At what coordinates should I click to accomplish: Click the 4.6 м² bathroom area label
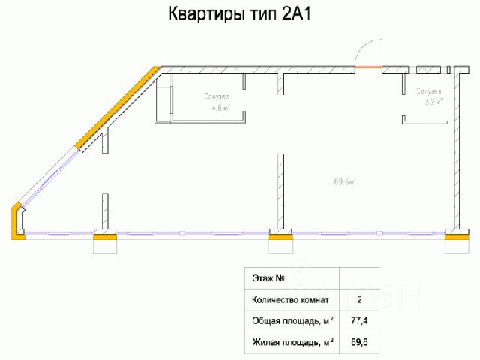click(220, 107)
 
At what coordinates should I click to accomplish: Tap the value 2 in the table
click(359, 300)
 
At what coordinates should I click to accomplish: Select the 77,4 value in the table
click(359, 322)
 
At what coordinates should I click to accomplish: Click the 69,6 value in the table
click(359, 343)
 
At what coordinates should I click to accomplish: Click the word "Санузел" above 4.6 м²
click(217, 96)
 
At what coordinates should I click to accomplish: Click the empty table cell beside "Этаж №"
click(359, 278)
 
